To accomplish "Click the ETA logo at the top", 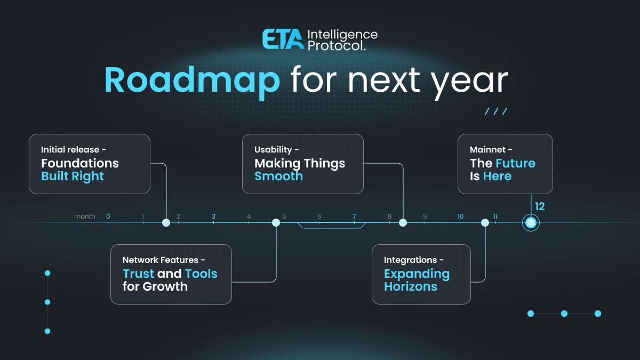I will (x=283, y=40).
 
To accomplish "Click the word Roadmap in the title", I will (x=192, y=81).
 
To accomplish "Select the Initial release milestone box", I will (x=90, y=164).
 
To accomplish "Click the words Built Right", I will (x=73, y=177).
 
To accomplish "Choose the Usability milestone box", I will (x=303, y=164).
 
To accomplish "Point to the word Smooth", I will (x=278, y=177).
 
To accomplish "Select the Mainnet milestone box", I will (x=505, y=164).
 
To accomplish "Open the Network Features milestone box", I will (x=171, y=274).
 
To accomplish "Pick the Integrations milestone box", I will (x=421, y=274).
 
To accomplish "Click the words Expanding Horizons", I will (x=417, y=280).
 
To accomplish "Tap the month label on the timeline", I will (x=85, y=217).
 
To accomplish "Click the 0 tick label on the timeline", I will (x=108, y=217).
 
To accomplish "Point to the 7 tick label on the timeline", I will (x=354, y=217).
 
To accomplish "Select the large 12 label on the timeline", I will (x=540, y=206).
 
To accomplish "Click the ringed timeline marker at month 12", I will (x=531, y=223).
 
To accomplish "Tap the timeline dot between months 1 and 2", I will (x=166, y=222).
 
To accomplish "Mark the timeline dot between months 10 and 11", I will (x=485, y=222).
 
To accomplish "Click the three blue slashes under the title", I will (x=496, y=111).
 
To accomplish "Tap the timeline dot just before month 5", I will (x=276, y=222).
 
